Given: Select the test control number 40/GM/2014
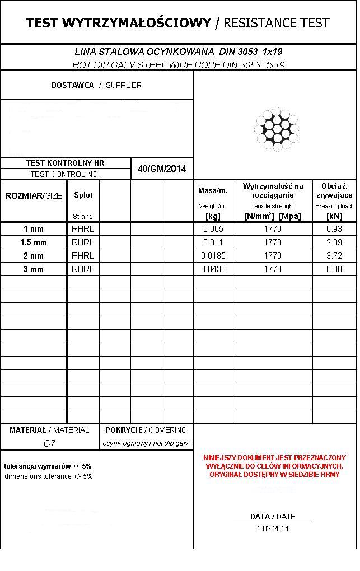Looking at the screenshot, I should coord(162,169).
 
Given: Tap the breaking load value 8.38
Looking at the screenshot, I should coord(334,269).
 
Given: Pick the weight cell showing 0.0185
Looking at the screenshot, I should coord(213,256).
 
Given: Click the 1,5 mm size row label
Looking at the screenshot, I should coord(34,242).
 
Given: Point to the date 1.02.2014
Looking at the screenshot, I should coord(273,528).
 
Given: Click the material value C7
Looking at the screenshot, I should coord(49,443).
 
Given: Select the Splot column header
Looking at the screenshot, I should coord(83,195).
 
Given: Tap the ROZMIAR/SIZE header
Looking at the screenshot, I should coord(34,196).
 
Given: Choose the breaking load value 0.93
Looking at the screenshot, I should coord(334,229).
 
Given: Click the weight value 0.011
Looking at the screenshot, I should coord(213,242).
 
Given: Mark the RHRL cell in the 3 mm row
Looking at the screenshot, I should coord(83,269).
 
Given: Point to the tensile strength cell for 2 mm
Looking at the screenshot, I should coord(273,256).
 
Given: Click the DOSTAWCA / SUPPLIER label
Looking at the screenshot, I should coord(96,86).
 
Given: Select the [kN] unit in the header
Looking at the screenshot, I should coord(334,216).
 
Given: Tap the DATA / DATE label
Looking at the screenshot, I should coord(273,517).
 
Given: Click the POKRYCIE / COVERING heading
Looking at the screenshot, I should coord(146,430).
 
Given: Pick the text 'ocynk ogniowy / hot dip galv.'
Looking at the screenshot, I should coord(146,443).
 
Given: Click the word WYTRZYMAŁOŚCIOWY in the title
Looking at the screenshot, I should coord(137,23).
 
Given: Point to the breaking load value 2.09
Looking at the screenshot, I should coord(334,242).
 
